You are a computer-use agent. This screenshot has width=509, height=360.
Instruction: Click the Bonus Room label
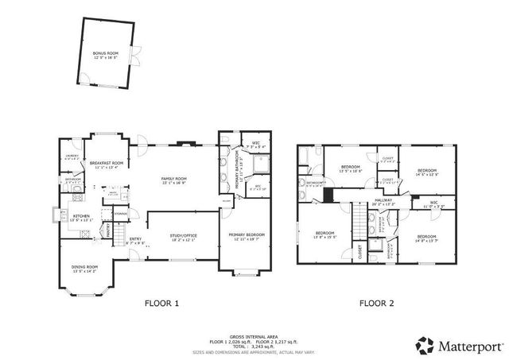105,55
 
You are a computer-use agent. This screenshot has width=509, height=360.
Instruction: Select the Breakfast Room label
106,165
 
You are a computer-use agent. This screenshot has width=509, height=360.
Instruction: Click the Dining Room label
85,269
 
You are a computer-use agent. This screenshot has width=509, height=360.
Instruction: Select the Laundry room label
71,157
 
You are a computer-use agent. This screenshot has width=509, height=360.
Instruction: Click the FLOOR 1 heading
161,303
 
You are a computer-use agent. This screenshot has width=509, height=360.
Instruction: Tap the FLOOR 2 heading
377,303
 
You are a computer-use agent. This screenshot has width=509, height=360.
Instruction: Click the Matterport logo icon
425,345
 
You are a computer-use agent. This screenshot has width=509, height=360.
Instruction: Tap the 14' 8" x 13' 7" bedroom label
426,238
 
